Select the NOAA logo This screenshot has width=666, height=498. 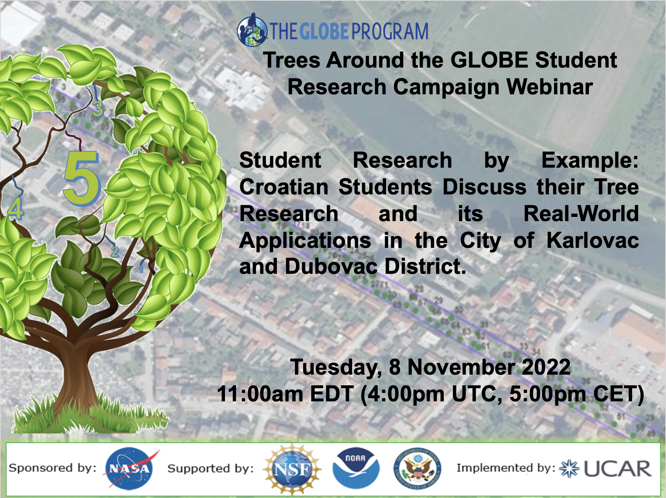pyautogui.click(x=356, y=468)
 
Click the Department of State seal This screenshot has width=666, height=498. pyautogui.click(x=417, y=469)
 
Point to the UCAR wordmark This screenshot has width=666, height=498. pyautogui.click(x=618, y=469)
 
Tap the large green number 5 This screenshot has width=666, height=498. pyautogui.click(x=82, y=178)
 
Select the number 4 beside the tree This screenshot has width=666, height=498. pyautogui.click(x=16, y=209)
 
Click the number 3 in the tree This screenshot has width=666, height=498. pyautogui.click(x=98, y=109)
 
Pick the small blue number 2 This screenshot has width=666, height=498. pyautogui.click(x=115, y=252)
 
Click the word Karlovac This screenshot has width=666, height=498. pyautogui.click(x=592, y=241)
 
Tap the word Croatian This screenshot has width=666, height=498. pyautogui.click(x=284, y=187)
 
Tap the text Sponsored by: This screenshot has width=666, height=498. pyautogui.click(x=53, y=468)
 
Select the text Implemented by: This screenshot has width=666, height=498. pyautogui.click(x=506, y=468)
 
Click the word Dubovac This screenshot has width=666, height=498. pyautogui.click(x=331, y=267)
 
